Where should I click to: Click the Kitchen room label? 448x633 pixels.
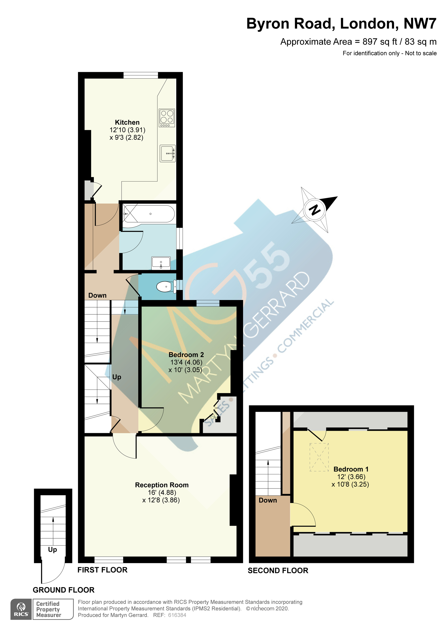pyautogui.click(x=127, y=122)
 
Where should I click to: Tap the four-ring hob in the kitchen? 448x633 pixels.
pyautogui.click(x=167, y=118)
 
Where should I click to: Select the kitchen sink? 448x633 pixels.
pyautogui.click(x=168, y=153)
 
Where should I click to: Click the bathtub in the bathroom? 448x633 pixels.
pyautogui.click(x=149, y=214)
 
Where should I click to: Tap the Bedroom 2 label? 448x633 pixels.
pyautogui.click(x=186, y=355)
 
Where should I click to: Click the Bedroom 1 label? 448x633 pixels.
pyautogui.click(x=351, y=469)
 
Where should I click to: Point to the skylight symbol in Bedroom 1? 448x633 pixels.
pyautogui.click(x=319, y=457)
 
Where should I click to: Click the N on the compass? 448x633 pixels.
pyautogui.click(x=315, y=210)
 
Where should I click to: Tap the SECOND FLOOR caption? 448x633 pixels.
pyautogui.click(x=278, y=571)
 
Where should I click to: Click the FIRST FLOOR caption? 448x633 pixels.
pyautogui.click(x=102, y=570)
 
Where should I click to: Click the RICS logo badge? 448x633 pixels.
pyautogui.click(x=21, y=609)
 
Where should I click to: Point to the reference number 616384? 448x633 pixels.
pyautogui.click(x=177, y=615)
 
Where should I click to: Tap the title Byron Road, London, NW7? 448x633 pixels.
pyautogui.click(x=341, y=23)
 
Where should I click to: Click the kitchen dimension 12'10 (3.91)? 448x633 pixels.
pyautogui.click(x=127, y=130)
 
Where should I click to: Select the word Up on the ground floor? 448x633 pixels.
pyautogui.click(x=52, y=550)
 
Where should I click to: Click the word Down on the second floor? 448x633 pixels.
pyautogui.click(x=268, y=500)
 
